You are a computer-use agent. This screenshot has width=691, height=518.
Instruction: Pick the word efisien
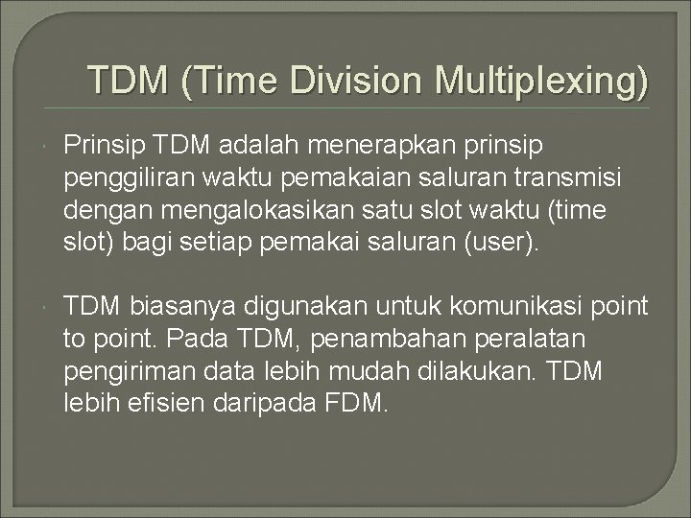click(x=163, y=404)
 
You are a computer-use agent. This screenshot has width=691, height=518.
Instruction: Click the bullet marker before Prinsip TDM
click(x=46, y=145)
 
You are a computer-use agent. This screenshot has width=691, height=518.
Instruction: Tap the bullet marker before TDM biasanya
click(x=46, y=307)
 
